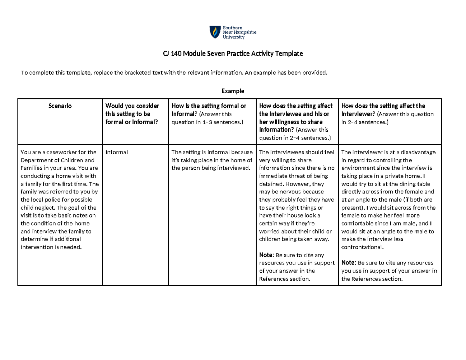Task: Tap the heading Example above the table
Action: (233, 91)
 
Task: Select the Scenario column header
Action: (60, 106)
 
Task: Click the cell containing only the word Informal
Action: (116, 152)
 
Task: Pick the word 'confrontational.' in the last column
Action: (362, 247)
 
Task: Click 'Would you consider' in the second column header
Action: (132, 106)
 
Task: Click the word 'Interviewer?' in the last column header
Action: (358, 114)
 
